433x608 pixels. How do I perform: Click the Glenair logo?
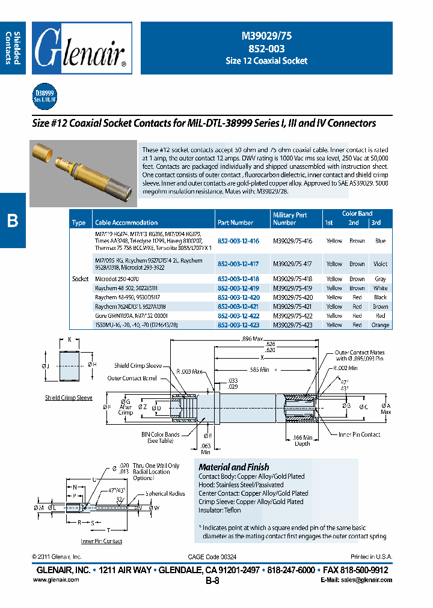pos(82,48)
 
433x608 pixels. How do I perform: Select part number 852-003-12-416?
pos(238,240)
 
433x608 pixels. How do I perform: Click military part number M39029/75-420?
pos(293,297)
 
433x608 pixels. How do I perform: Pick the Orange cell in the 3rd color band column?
pos(380,325)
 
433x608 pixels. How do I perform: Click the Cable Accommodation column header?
pos(126,222)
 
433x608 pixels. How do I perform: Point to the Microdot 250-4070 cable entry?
pos(117,279)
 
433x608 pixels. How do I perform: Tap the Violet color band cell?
pos(380,264)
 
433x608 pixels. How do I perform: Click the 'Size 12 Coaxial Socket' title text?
pos(266,61)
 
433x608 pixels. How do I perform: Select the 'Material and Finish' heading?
pos(234,467)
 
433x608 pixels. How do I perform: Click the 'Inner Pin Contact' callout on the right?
pos(359,434)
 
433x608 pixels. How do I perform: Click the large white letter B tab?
pos(13,221)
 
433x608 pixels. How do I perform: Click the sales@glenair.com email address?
pos(356,580)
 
